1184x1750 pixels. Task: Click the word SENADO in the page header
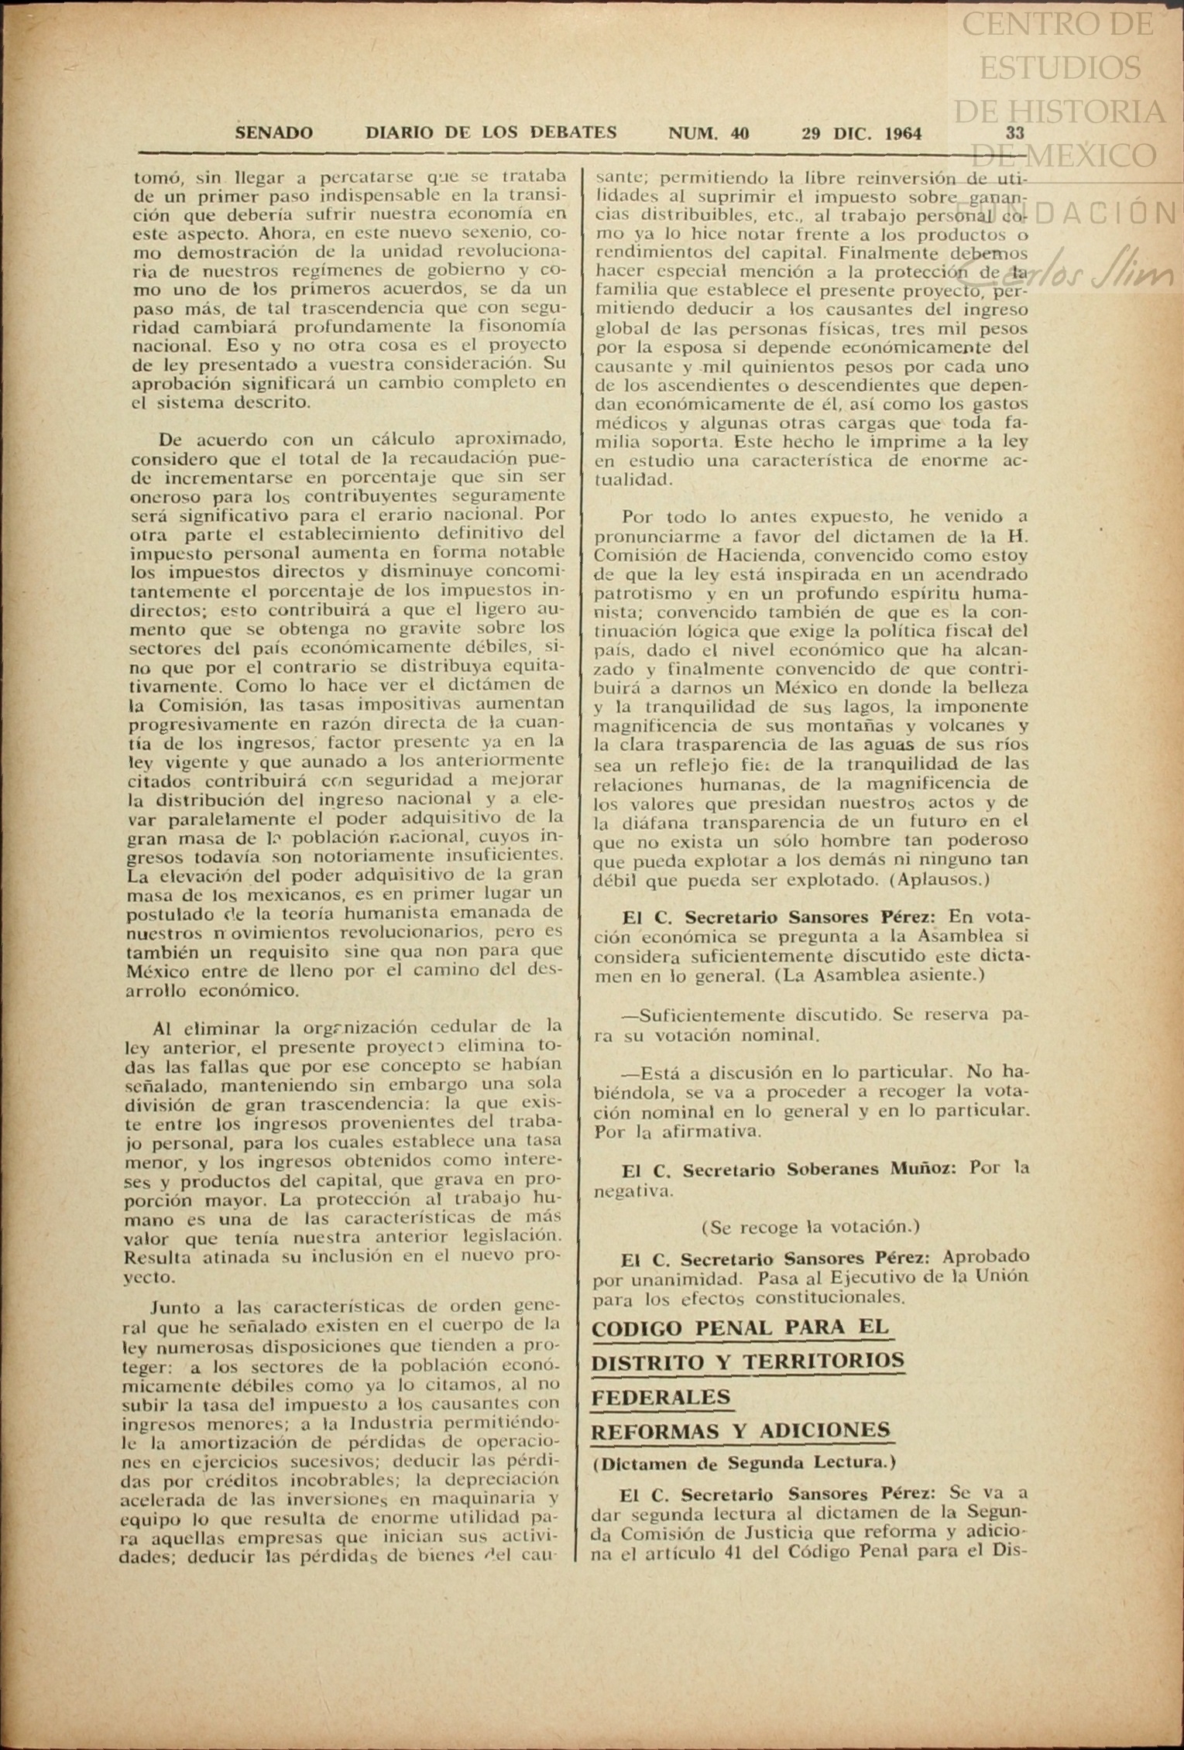[274, 133]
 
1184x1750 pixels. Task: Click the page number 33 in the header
[1015, 133]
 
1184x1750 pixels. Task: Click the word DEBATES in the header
[573, 132]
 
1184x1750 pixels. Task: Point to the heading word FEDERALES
[661, 1398]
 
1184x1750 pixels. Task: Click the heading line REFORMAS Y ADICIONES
[741, 1431]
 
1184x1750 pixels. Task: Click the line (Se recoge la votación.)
[811, 1227]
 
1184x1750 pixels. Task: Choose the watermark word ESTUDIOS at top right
[1059, 68]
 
